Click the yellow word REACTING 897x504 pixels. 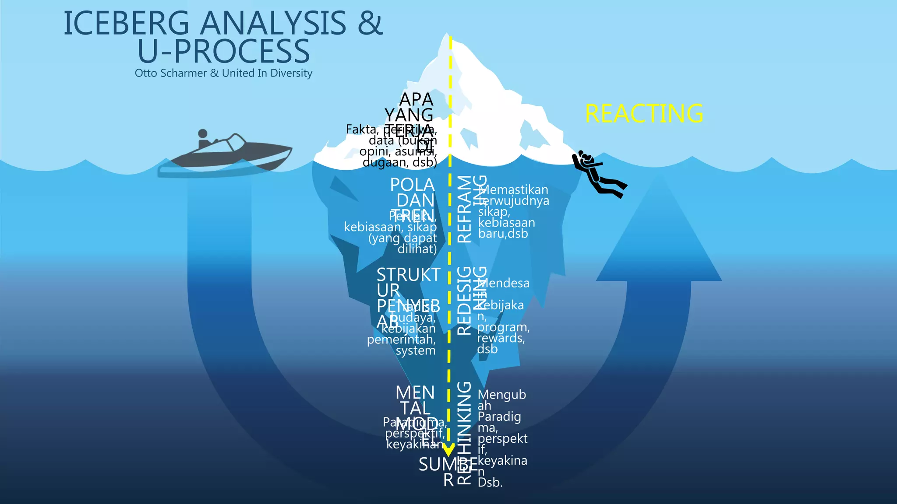point(644,114)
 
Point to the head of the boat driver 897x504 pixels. point(203,134)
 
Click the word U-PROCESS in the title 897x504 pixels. point(223,52)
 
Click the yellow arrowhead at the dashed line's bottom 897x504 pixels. point(448,450)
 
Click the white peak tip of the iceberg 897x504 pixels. point(447,37)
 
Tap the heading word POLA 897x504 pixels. point(412,185)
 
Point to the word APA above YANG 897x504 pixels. point(416,100)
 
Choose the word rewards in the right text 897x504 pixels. point(500,338)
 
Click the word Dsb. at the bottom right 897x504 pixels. point(490,483)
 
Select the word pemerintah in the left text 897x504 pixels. point(401,339)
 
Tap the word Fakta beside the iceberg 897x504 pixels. point(361,129)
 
